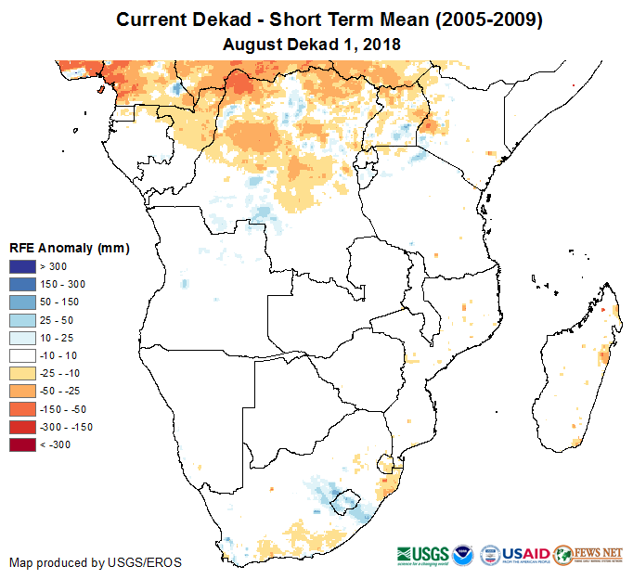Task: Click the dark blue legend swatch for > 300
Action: [22, 267]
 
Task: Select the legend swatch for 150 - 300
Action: [22, 285]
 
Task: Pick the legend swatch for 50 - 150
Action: [22, 302]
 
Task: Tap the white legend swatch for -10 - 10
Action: [22, 355]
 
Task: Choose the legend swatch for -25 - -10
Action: [22, 373]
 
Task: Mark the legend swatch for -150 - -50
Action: [22, 409]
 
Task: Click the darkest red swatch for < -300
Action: [22, 444]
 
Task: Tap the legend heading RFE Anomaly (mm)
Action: [69, 248]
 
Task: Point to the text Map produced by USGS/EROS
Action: [96, 562]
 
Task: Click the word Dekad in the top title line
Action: [230, 19]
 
